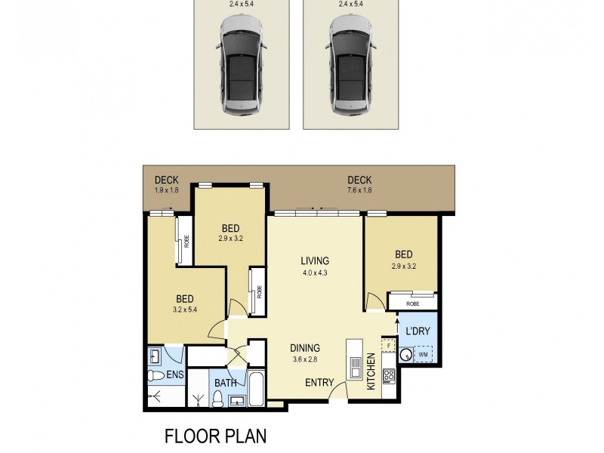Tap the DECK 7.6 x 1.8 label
359,184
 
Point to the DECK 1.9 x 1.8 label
166,184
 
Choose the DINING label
305,353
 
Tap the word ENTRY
319,383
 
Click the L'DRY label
418,332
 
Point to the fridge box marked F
389,345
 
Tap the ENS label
174,374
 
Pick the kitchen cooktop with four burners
390,374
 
